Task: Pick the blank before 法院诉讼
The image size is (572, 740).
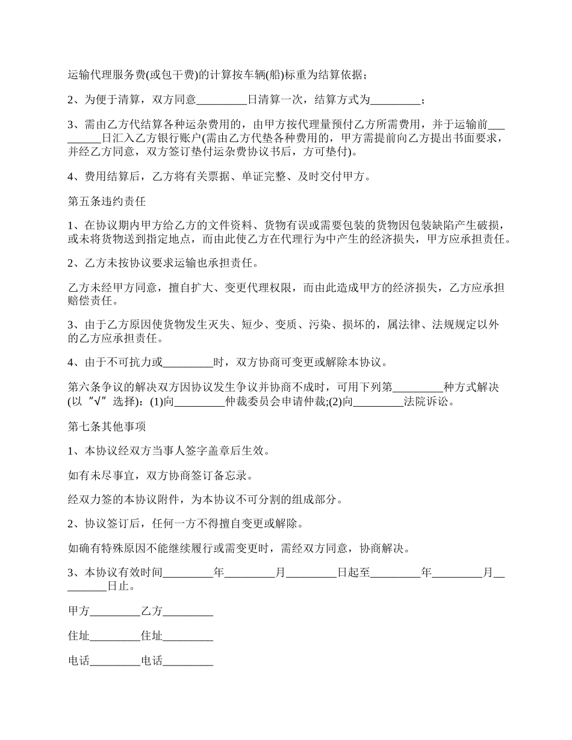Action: pyautogui.click(x=378, y=402)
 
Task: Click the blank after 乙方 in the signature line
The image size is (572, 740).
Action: pyautogui.click(x=188, y=611)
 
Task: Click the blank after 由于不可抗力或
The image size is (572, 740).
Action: pyautogui.click(x=188, y=362)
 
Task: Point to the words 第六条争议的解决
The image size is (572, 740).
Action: pyautogui.click(x=107, y=387)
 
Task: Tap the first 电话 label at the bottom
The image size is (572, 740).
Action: pyautogui.click(x=79, y=661)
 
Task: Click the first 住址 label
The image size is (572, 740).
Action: pyautogui.click(x=79, y=636)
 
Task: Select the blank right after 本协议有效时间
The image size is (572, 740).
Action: pyautogui.click(x=188, y=573)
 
